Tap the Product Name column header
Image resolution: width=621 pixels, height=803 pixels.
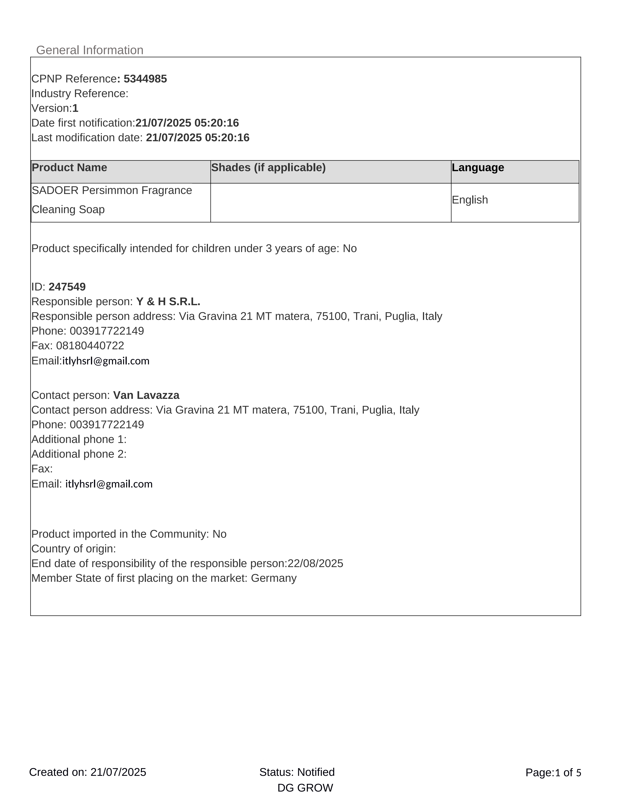click(69, 168)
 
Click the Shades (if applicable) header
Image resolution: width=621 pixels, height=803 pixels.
click(268, 168)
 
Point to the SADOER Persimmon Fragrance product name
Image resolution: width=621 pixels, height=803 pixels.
click(112, 190)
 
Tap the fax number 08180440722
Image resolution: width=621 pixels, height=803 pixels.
click(90, 346)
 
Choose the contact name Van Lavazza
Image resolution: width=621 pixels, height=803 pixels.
click(146, 395)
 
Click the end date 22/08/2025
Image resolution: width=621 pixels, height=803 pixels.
click(315, 563)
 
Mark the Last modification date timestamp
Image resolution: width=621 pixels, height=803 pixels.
click(197, 137)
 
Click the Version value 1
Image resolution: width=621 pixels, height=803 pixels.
click(75, 108)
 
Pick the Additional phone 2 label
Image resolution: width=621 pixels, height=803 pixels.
click(79, 454)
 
